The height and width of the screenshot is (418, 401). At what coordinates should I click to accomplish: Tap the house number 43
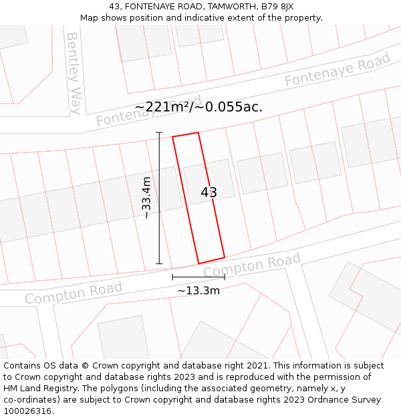click(x=209, y=193)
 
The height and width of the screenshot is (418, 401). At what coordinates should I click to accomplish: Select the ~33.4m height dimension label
click(x=146, y=198)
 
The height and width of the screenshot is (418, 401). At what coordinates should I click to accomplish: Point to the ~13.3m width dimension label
click(x=198, y=290)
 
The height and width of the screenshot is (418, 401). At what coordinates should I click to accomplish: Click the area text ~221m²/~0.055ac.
click(x=198, y=107)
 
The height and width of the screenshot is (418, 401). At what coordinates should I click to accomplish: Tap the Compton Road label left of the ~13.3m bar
click(x=74, y=293)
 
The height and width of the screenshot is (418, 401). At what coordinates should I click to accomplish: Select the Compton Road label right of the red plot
click(x=252, y=266)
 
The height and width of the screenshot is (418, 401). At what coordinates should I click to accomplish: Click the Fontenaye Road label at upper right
click(x=338, y=70)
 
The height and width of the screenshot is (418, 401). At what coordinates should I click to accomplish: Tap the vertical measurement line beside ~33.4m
click(x=159, y=198)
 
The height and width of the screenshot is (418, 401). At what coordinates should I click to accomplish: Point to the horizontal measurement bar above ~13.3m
click(x=198, y=277)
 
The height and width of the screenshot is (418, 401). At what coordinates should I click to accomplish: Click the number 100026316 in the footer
click(x=27, y=411)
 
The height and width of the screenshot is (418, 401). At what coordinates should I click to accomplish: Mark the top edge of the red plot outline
click(x=186, y=134)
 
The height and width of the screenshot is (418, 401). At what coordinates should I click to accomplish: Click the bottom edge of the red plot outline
click(x=211, y=260)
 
